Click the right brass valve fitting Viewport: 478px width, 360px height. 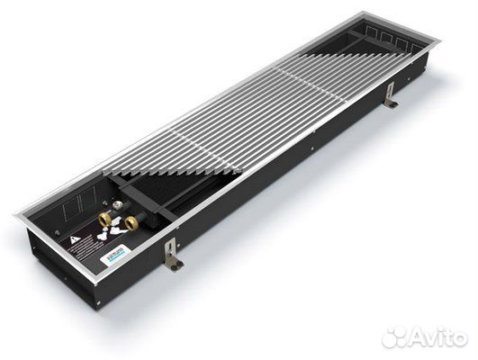coord(131,221)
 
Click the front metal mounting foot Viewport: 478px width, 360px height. coord(173,262)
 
